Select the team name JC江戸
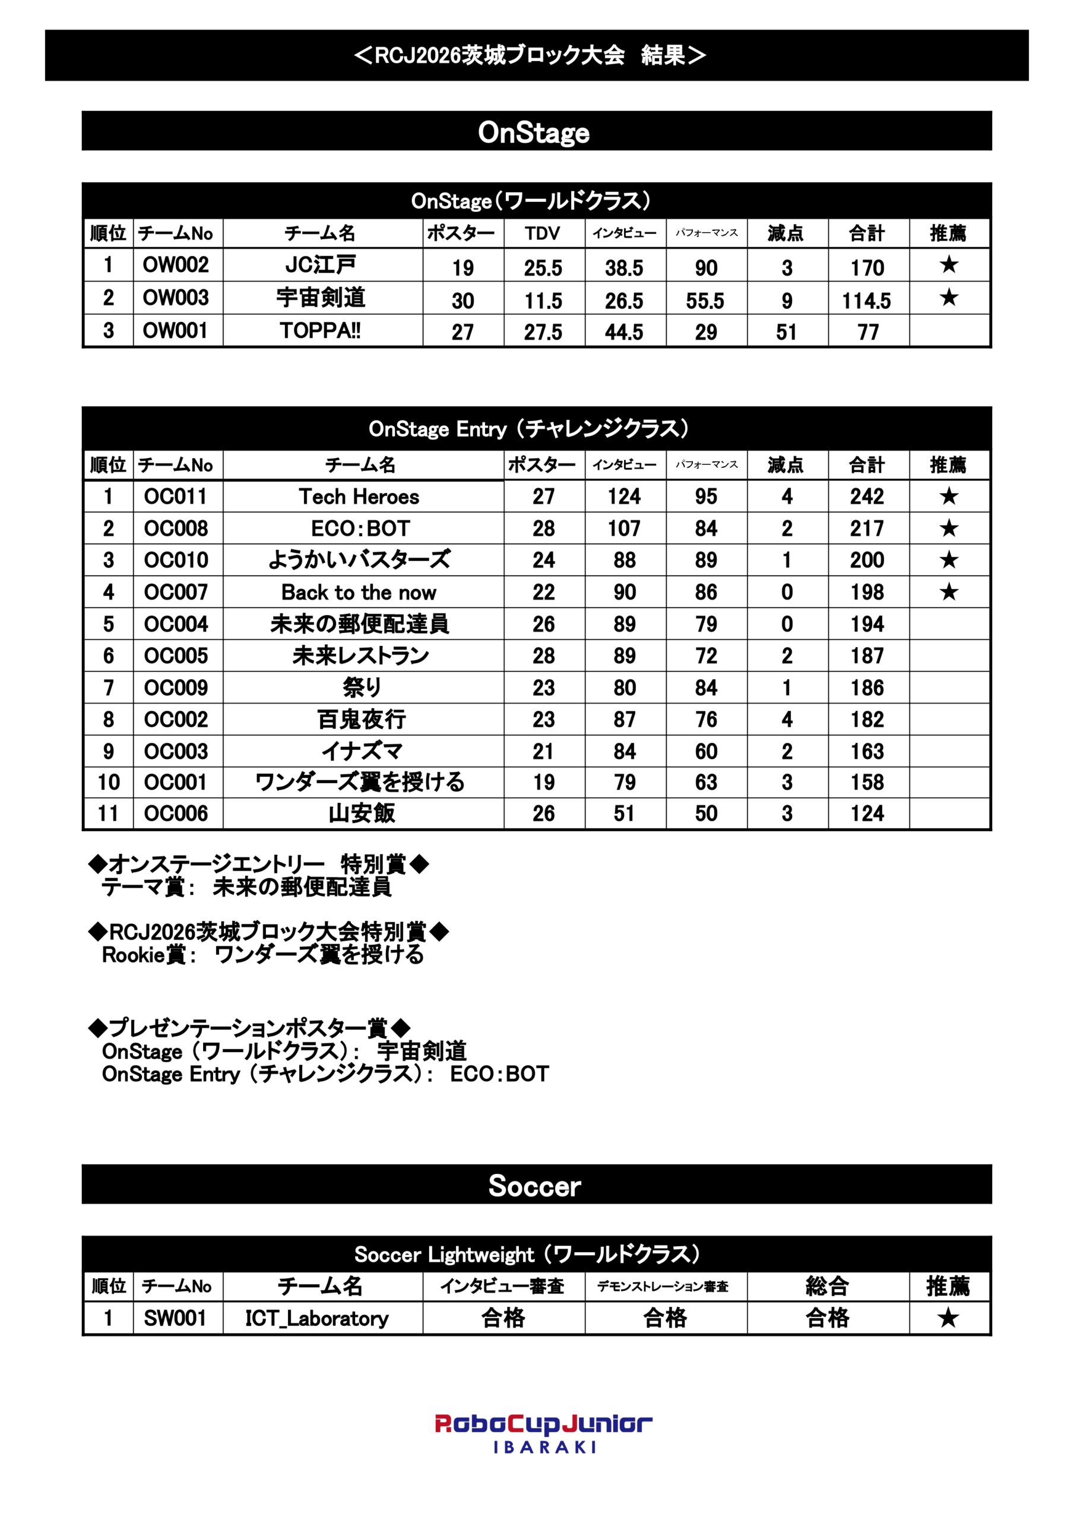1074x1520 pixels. coord(321,265)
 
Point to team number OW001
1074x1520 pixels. coord(176,330)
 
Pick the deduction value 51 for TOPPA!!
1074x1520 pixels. coord(786,332)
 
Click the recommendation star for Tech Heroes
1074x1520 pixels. coord(948,496)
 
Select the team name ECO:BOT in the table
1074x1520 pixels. coord(360,528)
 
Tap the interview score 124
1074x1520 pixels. coord(624,496)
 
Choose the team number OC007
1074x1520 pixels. coord(176,592)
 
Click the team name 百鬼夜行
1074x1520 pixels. coord(361,719)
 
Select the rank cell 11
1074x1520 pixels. coord(109,813)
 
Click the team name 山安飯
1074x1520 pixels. coord(361,813)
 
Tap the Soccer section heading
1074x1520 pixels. coord(535,1186)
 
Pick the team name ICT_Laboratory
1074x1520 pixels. coord(316,1318)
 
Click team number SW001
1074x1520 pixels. coord(175,1318)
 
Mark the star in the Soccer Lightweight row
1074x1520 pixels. coord(948,1318)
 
